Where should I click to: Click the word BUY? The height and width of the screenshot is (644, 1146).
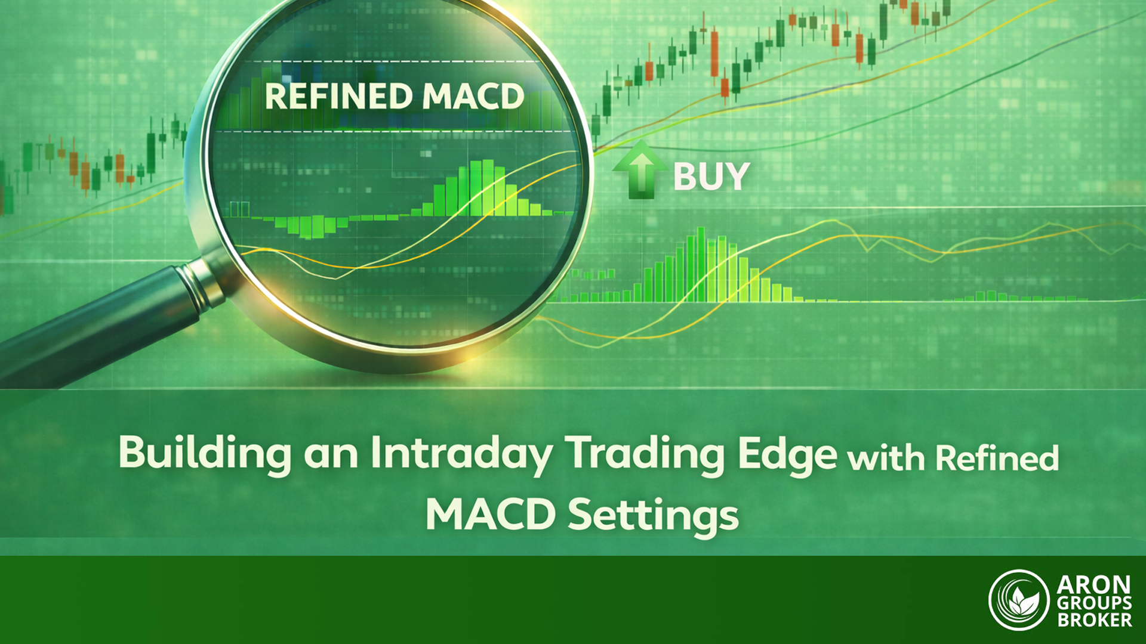[711, 177]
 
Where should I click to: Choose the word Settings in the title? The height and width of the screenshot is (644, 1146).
[653, 515]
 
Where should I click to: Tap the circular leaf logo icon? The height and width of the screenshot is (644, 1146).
[1018, 600]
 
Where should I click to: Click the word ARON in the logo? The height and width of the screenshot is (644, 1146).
[1093, 585]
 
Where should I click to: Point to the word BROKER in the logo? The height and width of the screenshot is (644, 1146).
[1095, 620]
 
